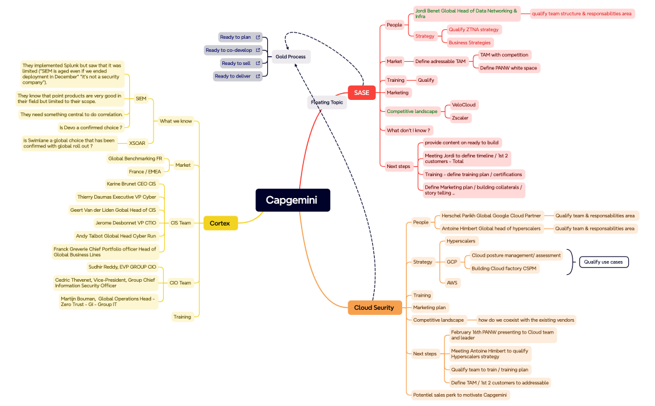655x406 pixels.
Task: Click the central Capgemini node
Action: [292, 200]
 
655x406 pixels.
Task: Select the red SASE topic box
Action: [362, 92]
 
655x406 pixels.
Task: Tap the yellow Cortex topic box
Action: [220, 223]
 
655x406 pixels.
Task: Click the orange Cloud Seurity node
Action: [374, 307]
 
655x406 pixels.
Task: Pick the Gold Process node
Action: [290, 57]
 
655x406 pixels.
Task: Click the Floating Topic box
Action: [327, 102]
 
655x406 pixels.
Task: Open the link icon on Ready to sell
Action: [258, 63]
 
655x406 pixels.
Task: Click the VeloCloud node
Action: [464, 105]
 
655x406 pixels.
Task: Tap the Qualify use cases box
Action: [603, 262]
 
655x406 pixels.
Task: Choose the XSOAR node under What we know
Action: [137, 143]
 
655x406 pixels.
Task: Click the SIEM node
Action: [141, 98]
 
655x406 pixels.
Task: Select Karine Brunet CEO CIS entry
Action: [131, 184]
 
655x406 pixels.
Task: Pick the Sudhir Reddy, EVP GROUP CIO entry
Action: [122, 267]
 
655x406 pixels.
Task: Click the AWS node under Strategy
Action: [452, 283]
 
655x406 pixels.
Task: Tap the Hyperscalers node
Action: [461, 241]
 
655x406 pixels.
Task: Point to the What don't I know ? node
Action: [409, 131]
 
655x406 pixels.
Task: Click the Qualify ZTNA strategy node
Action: [473, 29]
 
